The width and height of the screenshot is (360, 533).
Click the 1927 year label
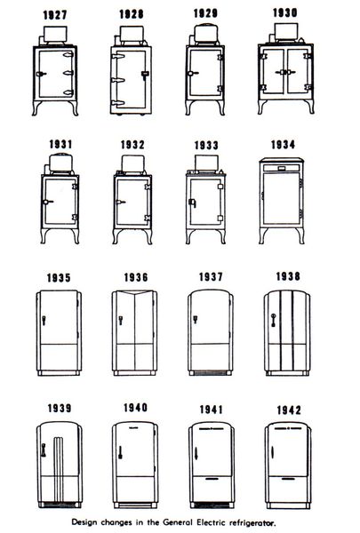(x=55, y=15)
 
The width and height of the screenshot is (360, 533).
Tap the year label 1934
(x=283, y=145)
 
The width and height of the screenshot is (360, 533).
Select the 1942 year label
(x=289, y=410)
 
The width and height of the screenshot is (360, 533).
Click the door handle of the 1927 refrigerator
(x=41, y=74)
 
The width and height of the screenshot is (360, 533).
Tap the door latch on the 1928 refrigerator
(x=145, y=75)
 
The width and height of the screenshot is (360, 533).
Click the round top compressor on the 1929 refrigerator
(x=205, y=34)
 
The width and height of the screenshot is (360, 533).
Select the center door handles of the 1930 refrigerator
(x=285, y=72)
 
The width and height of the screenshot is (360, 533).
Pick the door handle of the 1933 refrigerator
(x=192, y=203)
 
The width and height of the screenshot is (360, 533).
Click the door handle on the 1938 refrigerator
(x=273, y=320)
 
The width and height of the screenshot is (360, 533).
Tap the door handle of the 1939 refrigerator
(x=44, y=449)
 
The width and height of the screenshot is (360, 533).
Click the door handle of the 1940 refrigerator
(x=120, y=452)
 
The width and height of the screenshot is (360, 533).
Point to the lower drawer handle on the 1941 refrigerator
(x=212, y=479)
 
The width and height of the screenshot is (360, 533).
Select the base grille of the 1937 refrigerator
(x=210, y=373)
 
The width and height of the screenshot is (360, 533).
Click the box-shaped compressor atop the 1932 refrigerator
(x=132, y=163)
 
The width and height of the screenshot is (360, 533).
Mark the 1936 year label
(x=136, y=277)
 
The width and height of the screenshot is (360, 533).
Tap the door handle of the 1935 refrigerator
(x=44, y=320)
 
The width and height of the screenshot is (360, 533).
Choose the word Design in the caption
(x=84, y=522)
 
